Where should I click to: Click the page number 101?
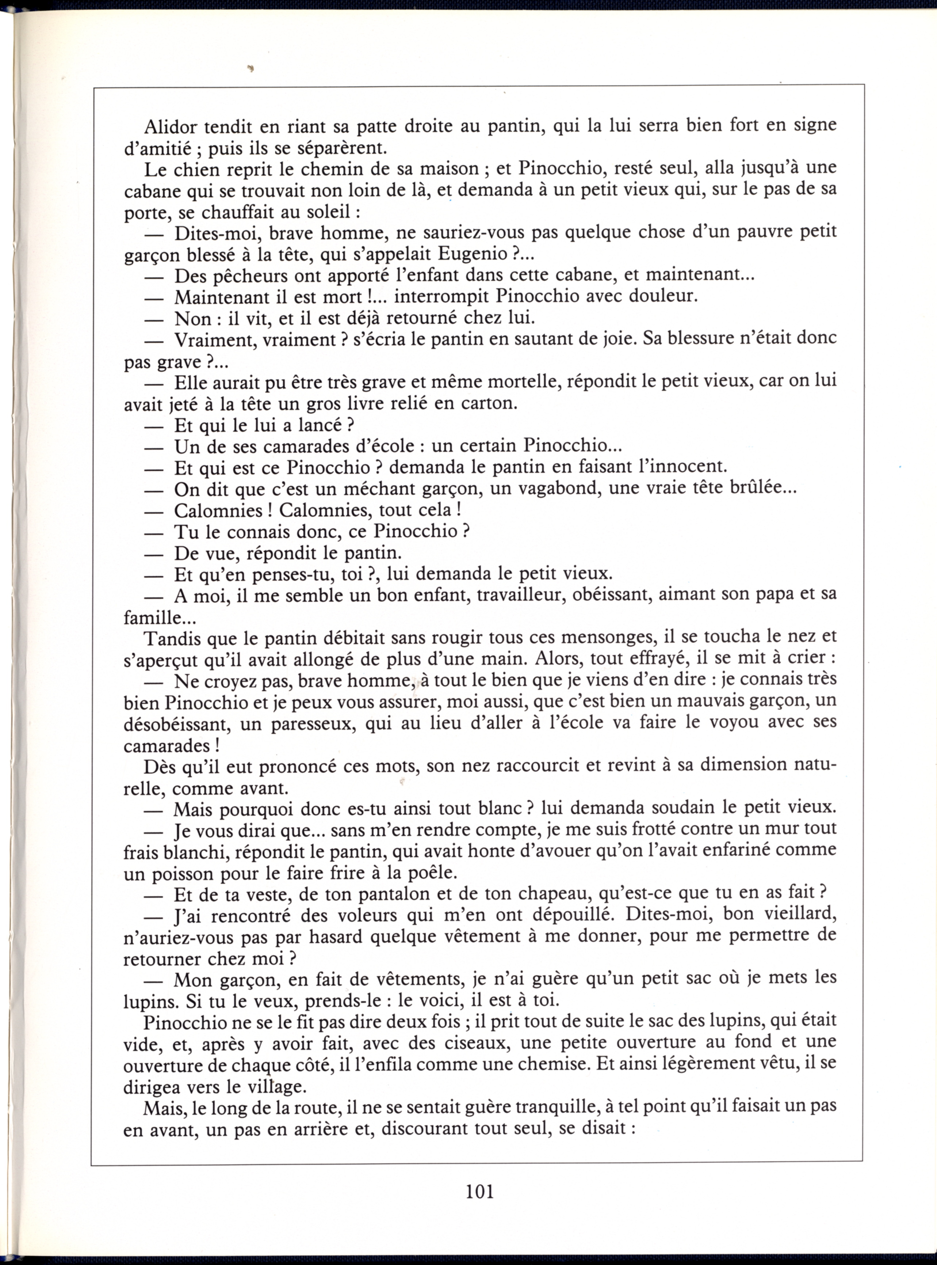click(479, 1190)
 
